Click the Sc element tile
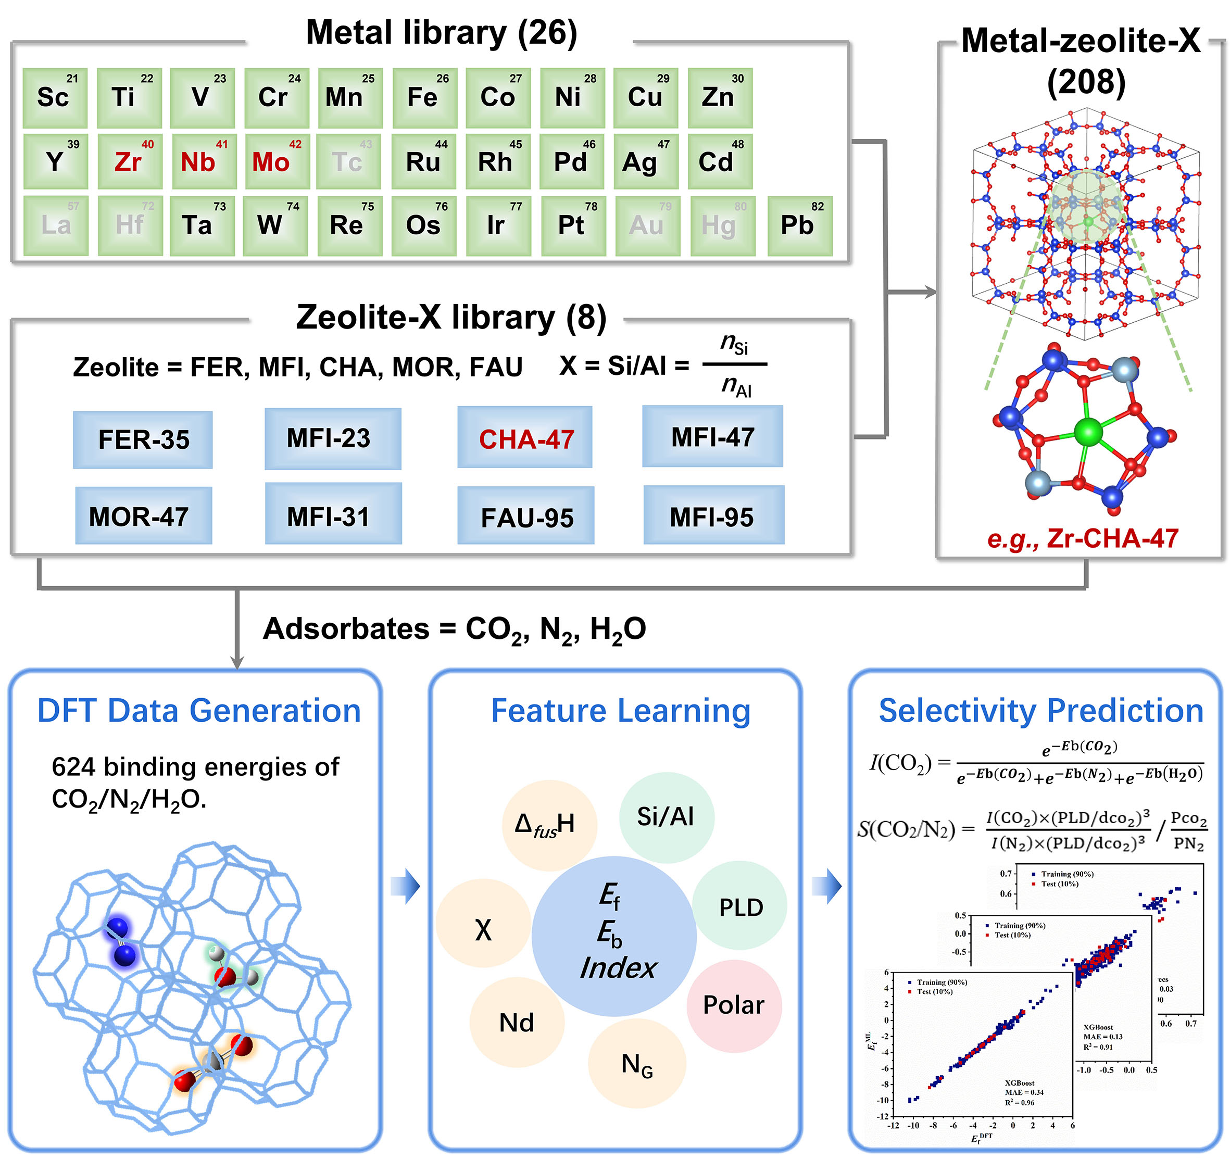click(x=55, y=97)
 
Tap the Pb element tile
click(x=799, y=225)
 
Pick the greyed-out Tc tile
click(x=348, y=162)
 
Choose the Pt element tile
click(x=573, y=225)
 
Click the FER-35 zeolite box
click(x=143, y=440)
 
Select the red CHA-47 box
click(x=525, y=438)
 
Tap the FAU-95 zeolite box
click(x=526, y=516)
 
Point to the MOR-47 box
click(x=143, y=516)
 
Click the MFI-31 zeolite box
click(x=333, y=515)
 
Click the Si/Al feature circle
click(x=666, y=817)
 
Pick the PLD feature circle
click(x=739, y=907)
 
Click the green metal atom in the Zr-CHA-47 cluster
click(x=1087, y=432)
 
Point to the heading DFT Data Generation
click(x=198, y=711)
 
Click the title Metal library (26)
click(x=441, y=33)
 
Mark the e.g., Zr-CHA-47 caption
click(x=1082, y=538)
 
